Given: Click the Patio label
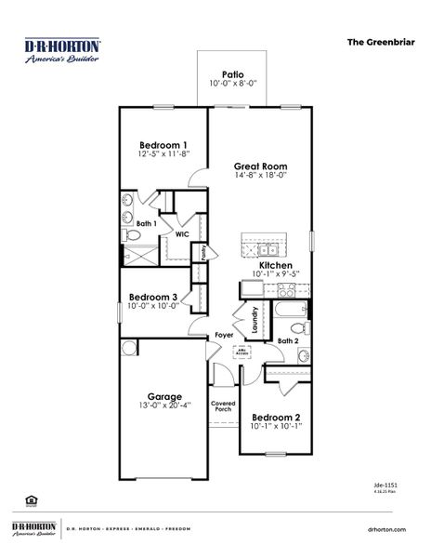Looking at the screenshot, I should point(233,74).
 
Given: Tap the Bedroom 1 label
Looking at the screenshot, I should point(164,145).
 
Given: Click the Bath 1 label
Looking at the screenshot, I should point(146,223).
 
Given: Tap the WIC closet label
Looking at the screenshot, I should point(182,234).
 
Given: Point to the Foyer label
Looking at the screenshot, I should point(224,335).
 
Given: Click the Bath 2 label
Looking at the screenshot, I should point(289,341).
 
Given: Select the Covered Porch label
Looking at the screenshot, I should point(223,405).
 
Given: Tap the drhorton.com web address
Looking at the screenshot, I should point(386,528).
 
